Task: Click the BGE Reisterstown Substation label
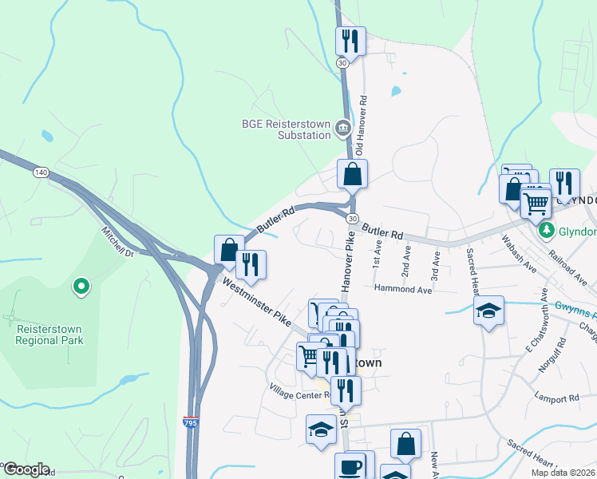[287, 129]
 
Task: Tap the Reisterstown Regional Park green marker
[80, 286]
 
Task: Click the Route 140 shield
[42, 172]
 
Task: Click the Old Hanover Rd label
[361, 126]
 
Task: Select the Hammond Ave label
[403, 290]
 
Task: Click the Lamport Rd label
[557, 398]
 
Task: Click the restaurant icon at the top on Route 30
[350, 40]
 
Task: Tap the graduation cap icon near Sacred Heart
[488, 311]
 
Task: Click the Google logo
[26, 469]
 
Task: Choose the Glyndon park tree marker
[547, 231]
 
